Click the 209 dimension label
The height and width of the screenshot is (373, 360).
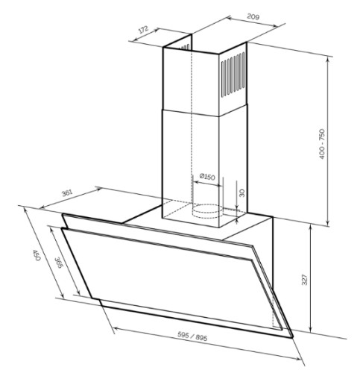[253, 16]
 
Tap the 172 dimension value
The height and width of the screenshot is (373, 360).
[143, 29]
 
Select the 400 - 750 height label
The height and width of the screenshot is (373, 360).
[321, 144]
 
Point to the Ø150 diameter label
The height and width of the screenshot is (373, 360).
[207, 177]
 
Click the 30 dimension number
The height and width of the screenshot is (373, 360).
[241, 192]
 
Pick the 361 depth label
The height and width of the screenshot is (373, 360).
[67, 193]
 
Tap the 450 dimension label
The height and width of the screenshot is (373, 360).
[37, 255]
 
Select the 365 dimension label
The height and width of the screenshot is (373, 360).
[58, 263]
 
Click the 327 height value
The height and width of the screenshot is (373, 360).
[304, 280]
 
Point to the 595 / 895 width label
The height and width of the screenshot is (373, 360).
[192, 336]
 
